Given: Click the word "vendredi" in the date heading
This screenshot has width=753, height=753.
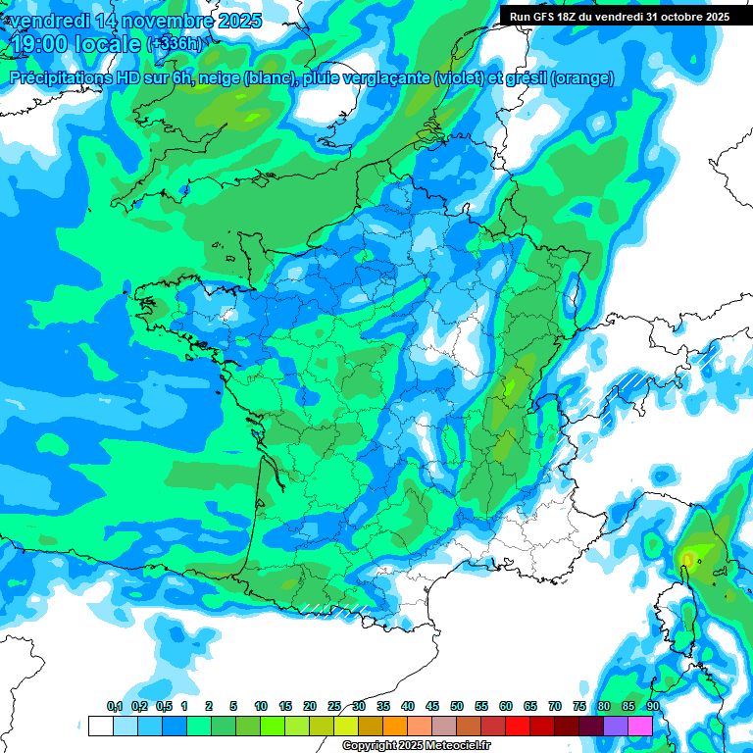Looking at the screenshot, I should tap(47, 21).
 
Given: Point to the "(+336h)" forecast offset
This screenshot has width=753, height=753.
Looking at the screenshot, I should tap(174, 44).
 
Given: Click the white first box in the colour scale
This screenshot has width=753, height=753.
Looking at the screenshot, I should tap(100, 727).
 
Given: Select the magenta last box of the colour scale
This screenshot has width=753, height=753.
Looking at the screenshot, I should tap(640, 727).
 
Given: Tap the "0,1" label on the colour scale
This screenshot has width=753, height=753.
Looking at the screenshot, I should tap(114, 706).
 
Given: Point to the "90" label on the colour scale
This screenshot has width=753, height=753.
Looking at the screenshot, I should tap(652, 706).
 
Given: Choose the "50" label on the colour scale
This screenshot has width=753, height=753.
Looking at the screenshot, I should tap(457, 706).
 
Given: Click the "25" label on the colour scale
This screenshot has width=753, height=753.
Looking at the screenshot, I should tap(334, 706).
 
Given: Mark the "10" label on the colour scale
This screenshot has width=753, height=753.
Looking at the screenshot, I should tap(261, 706).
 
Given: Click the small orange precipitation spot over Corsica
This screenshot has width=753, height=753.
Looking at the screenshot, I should tap(687, 560).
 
